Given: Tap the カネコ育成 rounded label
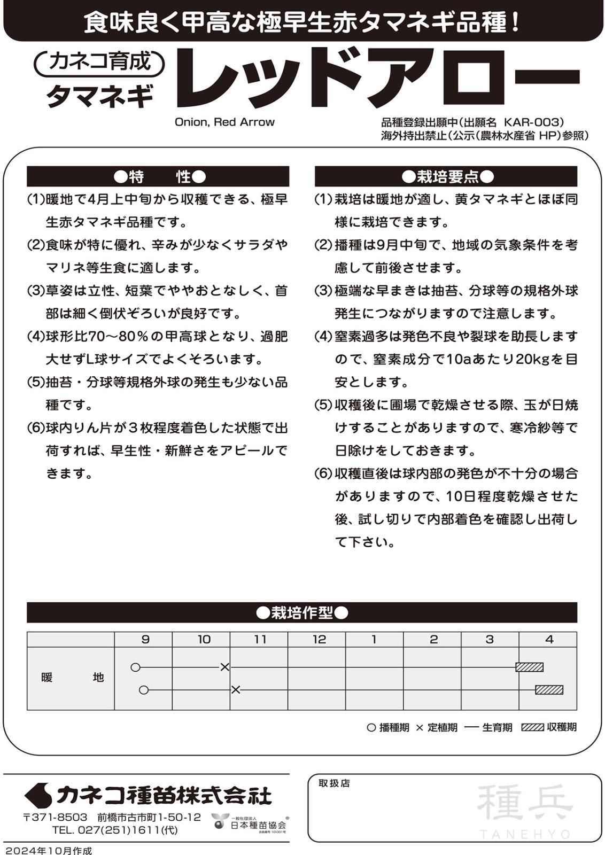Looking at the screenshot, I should coord(100,62).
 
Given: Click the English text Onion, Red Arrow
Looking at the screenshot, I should coord(224,122).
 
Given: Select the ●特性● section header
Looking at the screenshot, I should coord(158,176).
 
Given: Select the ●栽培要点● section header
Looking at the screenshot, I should coord(446,176).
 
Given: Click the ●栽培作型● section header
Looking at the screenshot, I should coord(302,612).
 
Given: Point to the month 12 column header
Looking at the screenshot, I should coord(319,639).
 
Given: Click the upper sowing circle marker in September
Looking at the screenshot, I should coord(135,667).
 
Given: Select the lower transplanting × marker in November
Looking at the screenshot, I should coord(236,690).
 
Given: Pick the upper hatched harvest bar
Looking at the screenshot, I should coord(529,667).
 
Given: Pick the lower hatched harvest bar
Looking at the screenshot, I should coord(549,690).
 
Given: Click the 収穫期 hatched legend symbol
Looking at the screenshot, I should coord(532,727).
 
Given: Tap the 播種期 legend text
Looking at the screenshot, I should coord(394,727).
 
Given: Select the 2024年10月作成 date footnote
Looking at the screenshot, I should coord(48,850).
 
